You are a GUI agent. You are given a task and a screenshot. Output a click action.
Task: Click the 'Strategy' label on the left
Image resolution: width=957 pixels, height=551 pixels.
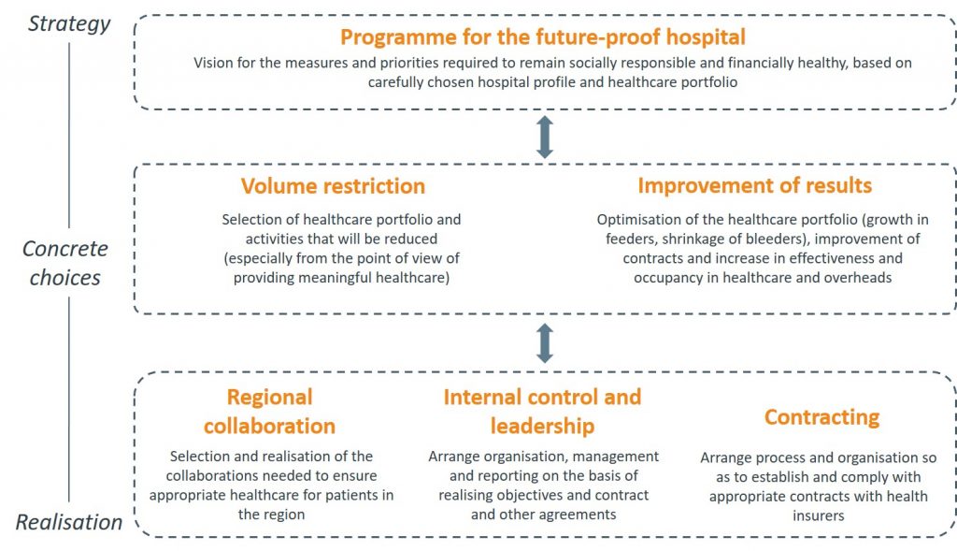[x=69, y=23]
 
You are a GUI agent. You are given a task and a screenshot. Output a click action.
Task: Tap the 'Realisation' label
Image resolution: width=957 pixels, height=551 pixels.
[x=69, y=522]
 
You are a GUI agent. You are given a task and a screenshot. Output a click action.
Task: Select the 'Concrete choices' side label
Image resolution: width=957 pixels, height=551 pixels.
[x=65, y=263]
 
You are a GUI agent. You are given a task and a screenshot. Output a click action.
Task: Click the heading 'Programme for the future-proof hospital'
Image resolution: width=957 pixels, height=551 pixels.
[x=543, y=37]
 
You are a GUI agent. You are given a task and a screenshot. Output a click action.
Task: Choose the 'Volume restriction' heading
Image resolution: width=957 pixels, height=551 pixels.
[x=333, y=186]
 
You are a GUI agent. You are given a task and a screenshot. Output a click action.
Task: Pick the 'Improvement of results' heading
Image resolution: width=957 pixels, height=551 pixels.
[x=755, y=185]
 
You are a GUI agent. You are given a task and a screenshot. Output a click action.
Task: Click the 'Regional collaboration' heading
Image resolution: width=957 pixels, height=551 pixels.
[x=270, y=411]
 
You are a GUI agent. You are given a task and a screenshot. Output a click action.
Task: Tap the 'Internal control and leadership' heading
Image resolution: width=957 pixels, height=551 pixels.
[x=543, y=411]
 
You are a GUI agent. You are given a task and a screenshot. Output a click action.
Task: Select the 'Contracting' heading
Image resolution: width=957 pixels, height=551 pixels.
[x=822, y=416]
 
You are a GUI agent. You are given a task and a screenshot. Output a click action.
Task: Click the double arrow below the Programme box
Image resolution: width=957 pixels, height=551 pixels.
[x=545, y=138]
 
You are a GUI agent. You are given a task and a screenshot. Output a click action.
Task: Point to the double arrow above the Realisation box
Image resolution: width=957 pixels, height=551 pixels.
[x=545, y=343]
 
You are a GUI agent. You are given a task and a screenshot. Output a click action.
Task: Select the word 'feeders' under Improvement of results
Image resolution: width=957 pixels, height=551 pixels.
[x=629, y=239]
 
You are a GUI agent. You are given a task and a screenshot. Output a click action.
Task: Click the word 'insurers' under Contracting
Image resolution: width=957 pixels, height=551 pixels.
[x=819, y=515]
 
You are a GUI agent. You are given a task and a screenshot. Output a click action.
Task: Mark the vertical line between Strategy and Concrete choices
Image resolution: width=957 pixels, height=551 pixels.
[x=69, y=135]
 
